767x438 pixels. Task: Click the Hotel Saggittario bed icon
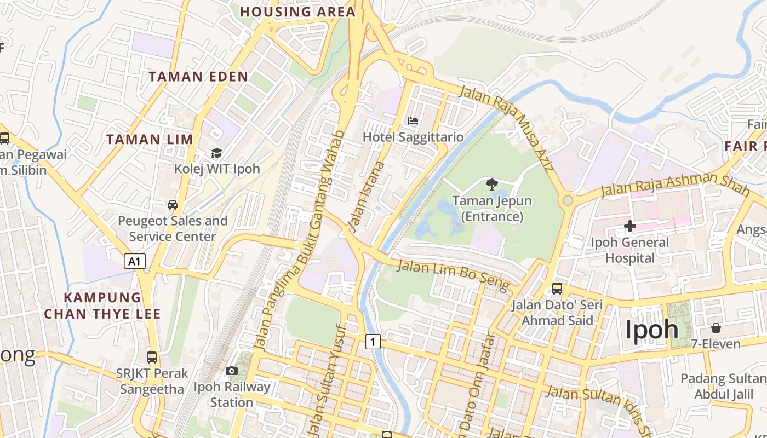click(x=413, y=120)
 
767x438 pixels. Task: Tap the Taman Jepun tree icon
click(x=491, y=184)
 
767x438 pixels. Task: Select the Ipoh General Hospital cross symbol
click(x=630, y=226)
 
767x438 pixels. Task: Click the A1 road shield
click(x=135, y=262)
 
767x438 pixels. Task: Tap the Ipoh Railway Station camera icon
click(x=232, y=371)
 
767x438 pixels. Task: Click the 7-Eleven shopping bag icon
click(x=716, y=328)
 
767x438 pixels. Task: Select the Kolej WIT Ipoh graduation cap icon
click(x=217, y=153)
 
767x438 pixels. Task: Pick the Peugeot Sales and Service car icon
click(x=173, y=205)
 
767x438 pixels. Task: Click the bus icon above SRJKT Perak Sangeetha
click(x=152, y=358)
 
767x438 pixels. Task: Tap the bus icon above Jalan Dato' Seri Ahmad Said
click(x=557, y=289)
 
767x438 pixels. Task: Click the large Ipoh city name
click(x=652, y=330)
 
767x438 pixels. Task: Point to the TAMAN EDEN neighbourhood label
click(x=198, y=77)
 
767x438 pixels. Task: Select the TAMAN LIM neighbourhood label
click(x=150, y=140)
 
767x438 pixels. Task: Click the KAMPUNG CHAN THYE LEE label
click(x=102, y=306)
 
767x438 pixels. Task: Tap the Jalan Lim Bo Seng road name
click(x=453, y=274)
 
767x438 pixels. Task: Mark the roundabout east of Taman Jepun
click(x=568, y=200)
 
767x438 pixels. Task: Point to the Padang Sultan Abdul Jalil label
click(x=723, y=387)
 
